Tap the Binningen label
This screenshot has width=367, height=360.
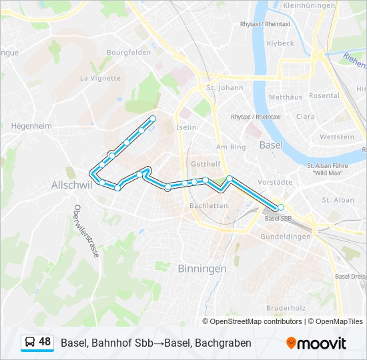(202, 268)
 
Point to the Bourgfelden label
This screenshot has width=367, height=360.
(126, 52)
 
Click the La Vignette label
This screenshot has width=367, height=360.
(100, 78)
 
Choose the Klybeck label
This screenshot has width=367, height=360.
(280, 43)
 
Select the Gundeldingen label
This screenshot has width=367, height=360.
(285, 237)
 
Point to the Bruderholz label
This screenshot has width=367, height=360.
(286, 308)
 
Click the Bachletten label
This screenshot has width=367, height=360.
(209, 206)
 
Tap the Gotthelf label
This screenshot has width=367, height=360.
(206, 164)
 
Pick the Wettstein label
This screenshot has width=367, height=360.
(337, 137)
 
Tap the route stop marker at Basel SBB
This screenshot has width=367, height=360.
(281, 208)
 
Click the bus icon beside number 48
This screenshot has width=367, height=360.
(30, 343)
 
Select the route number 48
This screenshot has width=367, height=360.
(45, 342)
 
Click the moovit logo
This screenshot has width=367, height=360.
(316, 343)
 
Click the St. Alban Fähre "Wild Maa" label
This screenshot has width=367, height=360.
(328, 169)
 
